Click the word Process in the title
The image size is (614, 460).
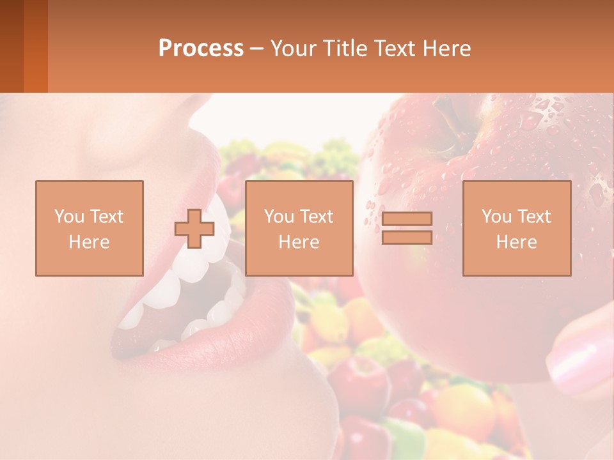click(x=201, y=49)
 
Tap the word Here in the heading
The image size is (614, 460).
click(x=446, y=49)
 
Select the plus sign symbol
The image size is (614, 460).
click(x=194, y=229)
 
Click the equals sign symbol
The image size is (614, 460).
click(x=407, y=228)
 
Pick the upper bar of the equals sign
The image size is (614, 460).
click(x=407, y=219)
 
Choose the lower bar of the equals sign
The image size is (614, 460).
click(x=407, y=237)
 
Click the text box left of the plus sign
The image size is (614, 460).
click(x=89, y=228)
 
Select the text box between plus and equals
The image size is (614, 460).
click(x=299, y=228)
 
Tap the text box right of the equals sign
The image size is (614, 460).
click(x=517, y=228)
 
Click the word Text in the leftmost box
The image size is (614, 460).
click(x=106, y=217)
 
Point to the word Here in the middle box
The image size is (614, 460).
click(x=299, y=242)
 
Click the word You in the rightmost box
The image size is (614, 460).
click(x=496, y=217)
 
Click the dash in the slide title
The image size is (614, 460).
click(x=256, y=49)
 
